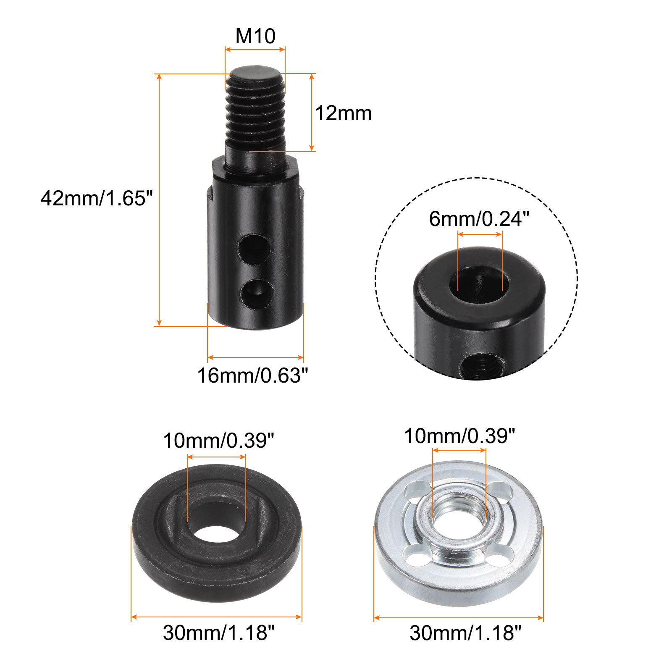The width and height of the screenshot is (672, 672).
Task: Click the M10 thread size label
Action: point(255,36)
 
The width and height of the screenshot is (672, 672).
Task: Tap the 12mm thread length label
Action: point(343,113)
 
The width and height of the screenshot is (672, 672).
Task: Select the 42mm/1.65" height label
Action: point(97,198)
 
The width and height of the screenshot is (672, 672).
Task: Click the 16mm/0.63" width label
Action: point(252,375)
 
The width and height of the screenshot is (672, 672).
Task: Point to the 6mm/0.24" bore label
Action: point(479,219)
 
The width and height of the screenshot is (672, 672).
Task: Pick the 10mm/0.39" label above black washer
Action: point(218,441)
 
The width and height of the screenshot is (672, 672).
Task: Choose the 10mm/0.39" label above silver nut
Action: point(459,436)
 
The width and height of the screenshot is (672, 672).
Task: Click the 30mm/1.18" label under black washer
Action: point(218,633)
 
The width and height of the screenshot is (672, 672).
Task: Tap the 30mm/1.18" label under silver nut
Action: point(465,633)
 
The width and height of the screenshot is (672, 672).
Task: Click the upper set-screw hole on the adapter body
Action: point(255,249)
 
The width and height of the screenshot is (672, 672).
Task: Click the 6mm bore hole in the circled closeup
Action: point(479,282)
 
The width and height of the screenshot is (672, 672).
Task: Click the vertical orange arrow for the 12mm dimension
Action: point(312,112)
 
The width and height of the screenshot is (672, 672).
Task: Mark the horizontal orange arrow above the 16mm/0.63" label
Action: point(255,357)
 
